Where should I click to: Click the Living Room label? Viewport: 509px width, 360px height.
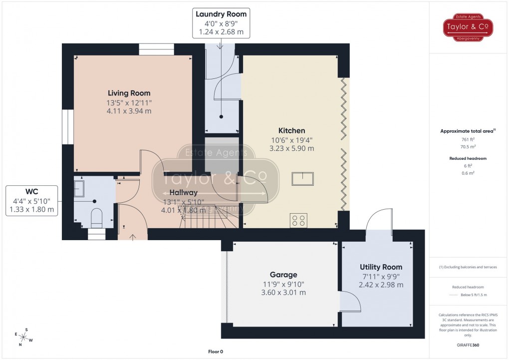pyautogui.click(x=129, y=93)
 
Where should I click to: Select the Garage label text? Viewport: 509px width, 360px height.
pyautogui.click(x=283, y=275)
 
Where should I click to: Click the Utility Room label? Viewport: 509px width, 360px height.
pyautogui.click(x=381, y=267)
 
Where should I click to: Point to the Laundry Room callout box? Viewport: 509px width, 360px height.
pyautogui.click(x=221, y=23)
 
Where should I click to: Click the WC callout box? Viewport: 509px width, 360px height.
pyautogui.click(x=31, y=200)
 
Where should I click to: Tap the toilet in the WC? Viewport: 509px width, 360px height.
pyautogui.click(x=97, y=217)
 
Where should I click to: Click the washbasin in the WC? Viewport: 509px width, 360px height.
pyautogui.click(x=79, y=188)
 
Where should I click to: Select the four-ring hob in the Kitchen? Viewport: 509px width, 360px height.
pyautogui.click(x=299, y=220)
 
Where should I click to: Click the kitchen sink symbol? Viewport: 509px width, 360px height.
pyautogui.click(x=303, y=179)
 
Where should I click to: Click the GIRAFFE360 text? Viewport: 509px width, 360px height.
pyautogui.click(x=468, y=345)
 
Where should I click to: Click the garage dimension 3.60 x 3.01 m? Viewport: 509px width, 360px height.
pyautogui.click(x=283, y=293)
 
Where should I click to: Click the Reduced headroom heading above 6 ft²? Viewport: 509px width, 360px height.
pyautogui.click(x=468, y=158)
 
